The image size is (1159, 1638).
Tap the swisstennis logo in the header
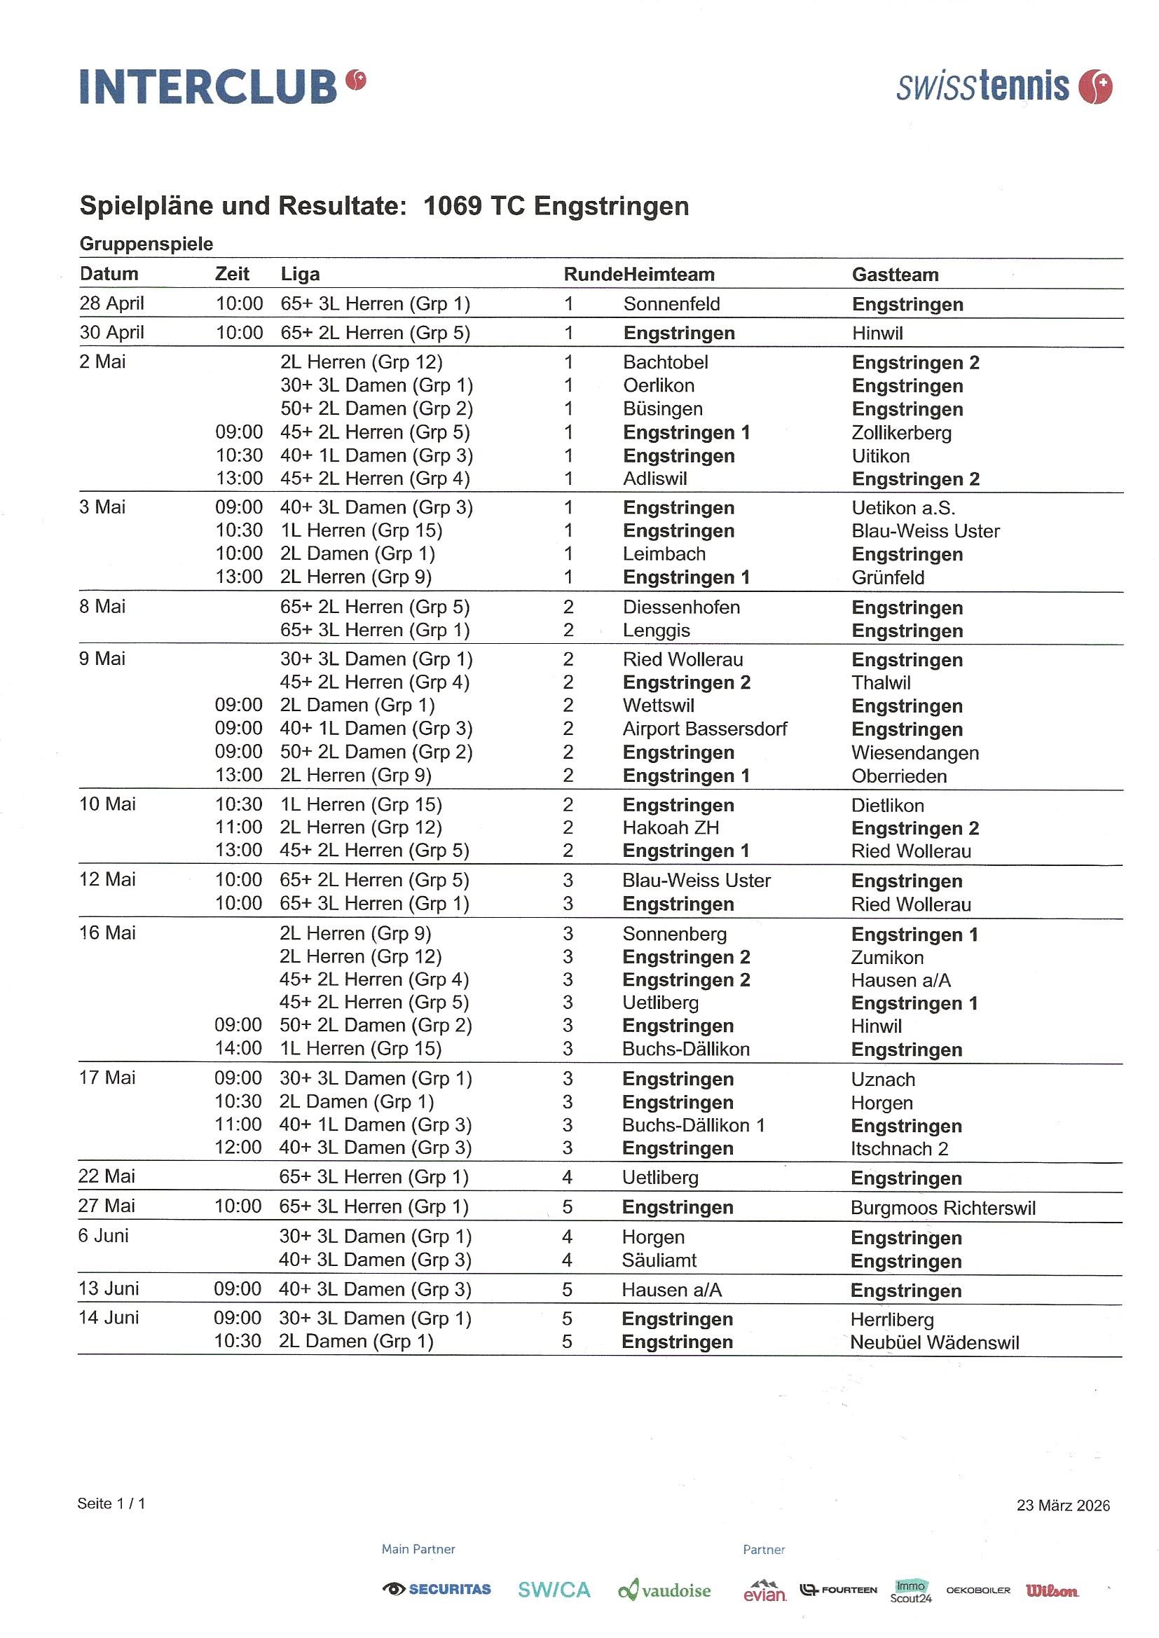[1003, 87]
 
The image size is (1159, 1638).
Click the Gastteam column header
[895, 275]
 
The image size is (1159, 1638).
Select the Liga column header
[300, 274]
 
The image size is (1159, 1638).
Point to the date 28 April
[111, 303]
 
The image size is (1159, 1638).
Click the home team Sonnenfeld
[671, 304]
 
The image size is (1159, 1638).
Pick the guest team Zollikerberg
[901, 432]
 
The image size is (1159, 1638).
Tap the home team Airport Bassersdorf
[704, 729]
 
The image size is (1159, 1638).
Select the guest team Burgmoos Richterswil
[942, 1208]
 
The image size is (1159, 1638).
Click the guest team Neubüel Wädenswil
[934, 1342]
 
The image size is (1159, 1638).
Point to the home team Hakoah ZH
[671, 827]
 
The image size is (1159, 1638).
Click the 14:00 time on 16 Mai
[238, 1048]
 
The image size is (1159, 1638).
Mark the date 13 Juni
[109, 1288]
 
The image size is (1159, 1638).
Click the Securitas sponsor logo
[437, 1589]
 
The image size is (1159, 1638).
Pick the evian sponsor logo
[764, 1591]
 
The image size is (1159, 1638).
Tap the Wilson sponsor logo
[1052, 1590]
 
